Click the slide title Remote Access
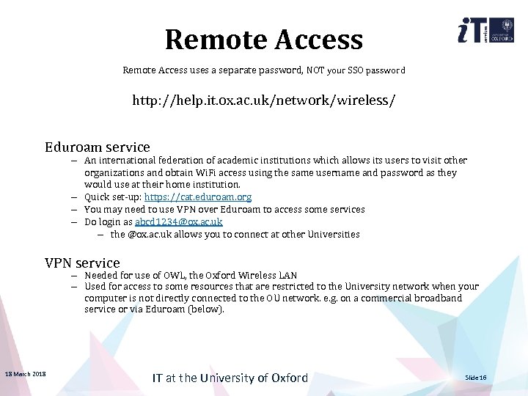[x=263, y=40]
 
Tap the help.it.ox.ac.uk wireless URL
[x=263, y=100]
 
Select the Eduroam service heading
[x=97, y=147]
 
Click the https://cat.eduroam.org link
[x=198, y=197]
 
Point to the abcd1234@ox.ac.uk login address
[x=178, y=222]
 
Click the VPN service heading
[x=82, y=263]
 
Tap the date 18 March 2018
[x=25, y=375]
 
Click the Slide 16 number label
[x=476, y=378]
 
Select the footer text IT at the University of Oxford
[x=230, y=378]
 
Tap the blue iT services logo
[x=471, y=32]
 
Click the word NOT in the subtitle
[x=315, y=71]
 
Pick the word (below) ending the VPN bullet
[x=208, y=309]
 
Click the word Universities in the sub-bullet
[x=333, y=235]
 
